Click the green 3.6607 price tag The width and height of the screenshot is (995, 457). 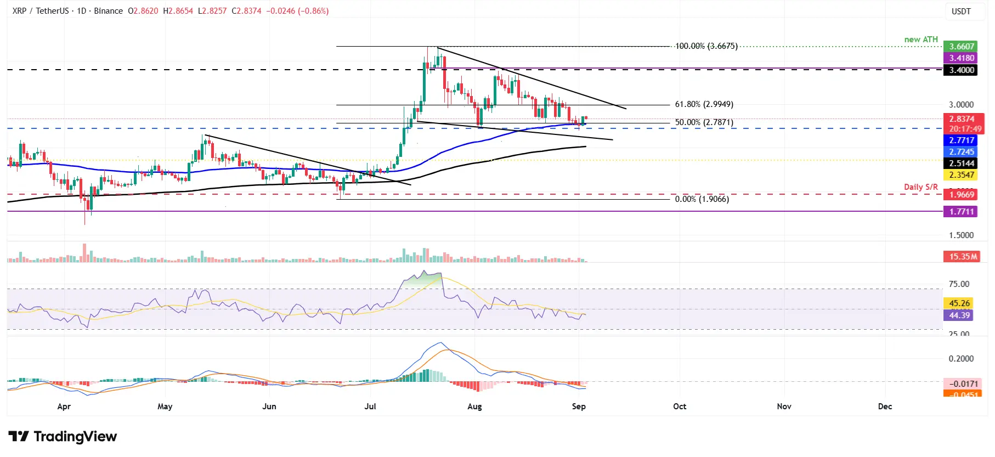(x=962, y=47)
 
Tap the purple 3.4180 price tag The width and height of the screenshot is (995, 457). (x=962, y=58)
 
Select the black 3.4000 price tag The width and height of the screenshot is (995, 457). (x=962, y=70)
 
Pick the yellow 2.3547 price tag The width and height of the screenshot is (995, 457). (x=962, y=175)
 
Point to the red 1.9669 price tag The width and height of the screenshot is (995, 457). (x=962, y=195)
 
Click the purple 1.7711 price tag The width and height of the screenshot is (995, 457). (x=962, y=212)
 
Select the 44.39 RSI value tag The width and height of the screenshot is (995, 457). (x=959, y=315)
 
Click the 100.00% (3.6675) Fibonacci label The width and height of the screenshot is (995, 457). (x=706, y=46)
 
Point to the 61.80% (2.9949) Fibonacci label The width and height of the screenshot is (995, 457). (x=704, y=104)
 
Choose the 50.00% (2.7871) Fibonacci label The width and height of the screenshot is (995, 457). (x=704, y=122)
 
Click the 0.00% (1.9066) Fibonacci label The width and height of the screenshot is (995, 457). (x=702, y=199)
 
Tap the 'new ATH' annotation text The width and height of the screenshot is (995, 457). (x=921, y=40)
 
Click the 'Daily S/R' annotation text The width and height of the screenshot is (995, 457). (x=920, y=187)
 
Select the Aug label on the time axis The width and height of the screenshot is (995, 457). (x=474, y=407)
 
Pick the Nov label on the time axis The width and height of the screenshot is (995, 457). (x=784, y=407)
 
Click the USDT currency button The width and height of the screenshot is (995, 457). (x=961, y=12)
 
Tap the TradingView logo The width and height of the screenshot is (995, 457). (x=63, y=437)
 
